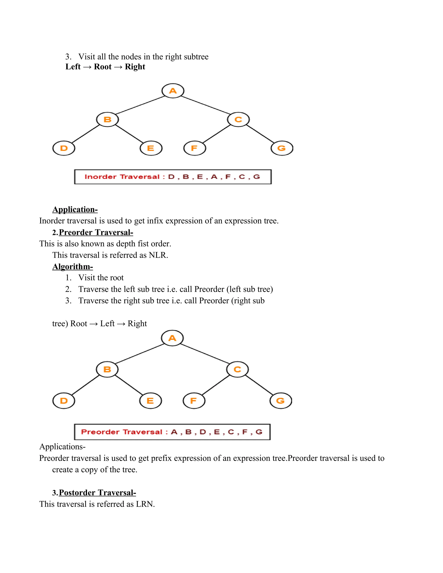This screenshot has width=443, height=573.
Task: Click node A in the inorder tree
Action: click(173, 91)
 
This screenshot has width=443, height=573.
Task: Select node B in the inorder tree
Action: click(107, 120)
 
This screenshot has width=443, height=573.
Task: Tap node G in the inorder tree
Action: click(282, 148)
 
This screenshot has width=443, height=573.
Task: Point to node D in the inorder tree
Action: click(64, 148)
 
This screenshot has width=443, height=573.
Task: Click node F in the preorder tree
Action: click(194, 401)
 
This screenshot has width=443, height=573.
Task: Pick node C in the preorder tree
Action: click(237, 369)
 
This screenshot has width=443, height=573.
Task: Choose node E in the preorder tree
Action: click(150, 401)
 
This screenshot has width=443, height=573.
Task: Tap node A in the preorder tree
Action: click(172, 338)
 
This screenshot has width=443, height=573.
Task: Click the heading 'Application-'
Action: click(75, 209)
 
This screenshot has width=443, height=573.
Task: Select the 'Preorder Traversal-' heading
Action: click(96, 232)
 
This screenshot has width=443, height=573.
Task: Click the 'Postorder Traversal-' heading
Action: click(97, 493)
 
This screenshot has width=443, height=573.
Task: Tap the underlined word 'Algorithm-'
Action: click(72, 267)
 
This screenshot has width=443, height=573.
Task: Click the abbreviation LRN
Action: click(145, 504)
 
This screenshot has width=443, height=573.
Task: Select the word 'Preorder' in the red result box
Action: click(100, 432)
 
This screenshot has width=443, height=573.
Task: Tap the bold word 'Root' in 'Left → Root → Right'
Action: click(103, 67)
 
